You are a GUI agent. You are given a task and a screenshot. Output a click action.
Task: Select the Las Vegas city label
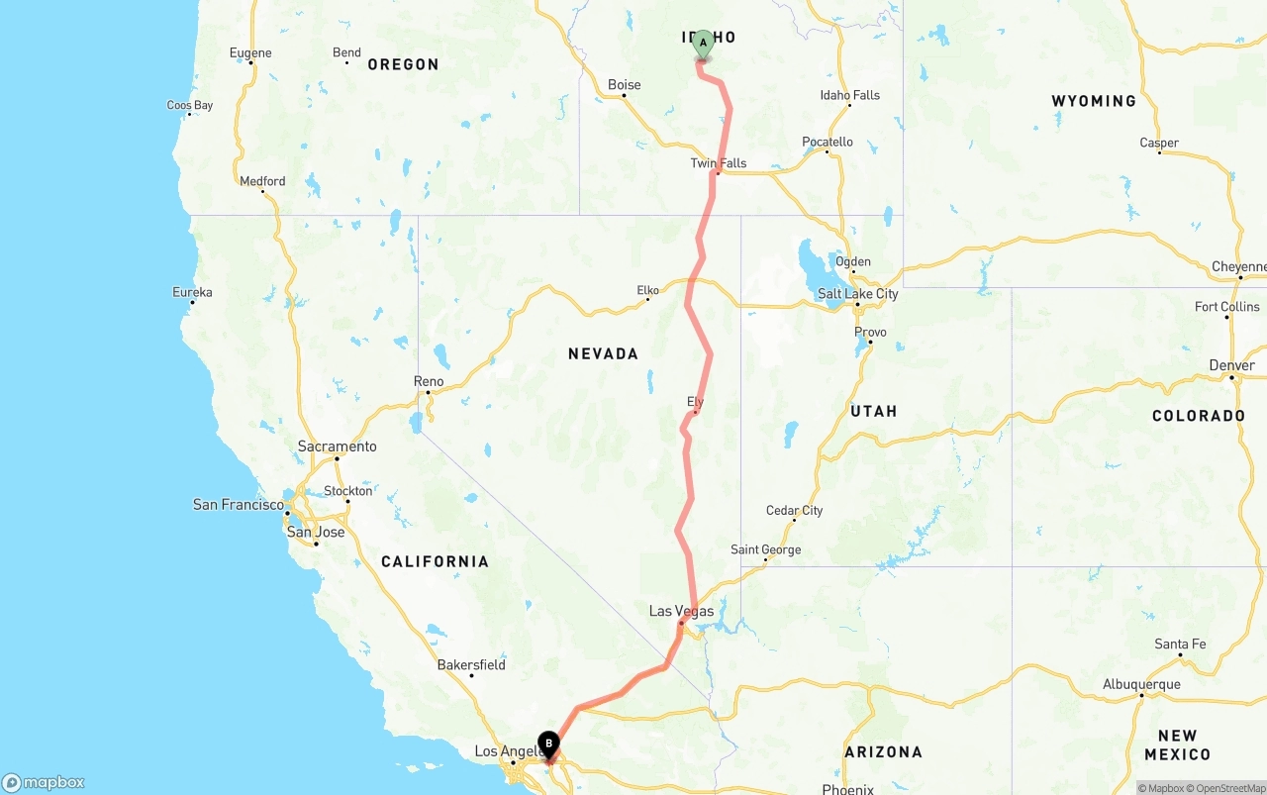pos(681,611)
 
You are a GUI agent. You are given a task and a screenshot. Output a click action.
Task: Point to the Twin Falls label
pos(719,163)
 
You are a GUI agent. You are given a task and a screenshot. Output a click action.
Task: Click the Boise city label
pos(624,85)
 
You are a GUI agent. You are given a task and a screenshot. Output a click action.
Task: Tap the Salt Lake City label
pos(857,294)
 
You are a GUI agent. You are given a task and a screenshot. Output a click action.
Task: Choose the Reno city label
pos(429,381)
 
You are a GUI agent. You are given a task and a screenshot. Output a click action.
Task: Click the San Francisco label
pos(239,505)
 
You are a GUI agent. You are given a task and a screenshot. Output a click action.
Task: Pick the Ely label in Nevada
pos(695,401)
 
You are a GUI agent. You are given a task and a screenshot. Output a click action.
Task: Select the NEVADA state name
pos(603,353)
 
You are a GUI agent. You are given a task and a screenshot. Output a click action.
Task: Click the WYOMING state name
pos(1094,101)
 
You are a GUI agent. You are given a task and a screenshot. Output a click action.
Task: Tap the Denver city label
pos(1231,365)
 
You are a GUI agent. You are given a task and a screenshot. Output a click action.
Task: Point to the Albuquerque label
pos(1141,684)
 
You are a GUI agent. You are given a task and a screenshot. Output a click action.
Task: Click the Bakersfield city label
pos(471,664)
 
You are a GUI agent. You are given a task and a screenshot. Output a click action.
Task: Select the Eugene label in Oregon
pos(249,52)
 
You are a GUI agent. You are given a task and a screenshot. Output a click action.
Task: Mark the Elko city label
pos(647,290)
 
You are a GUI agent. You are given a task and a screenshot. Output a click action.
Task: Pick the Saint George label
pos(765,549)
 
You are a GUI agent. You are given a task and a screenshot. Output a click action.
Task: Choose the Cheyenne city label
pos(1238,267)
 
